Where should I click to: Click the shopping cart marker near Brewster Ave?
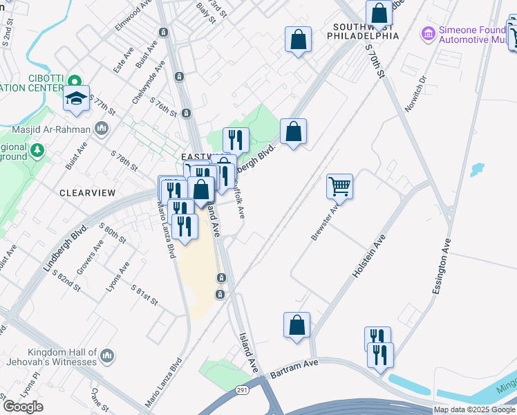pyautogui.click(x=339, y=185)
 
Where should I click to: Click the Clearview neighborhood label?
pyautogui.click(x=86, y=193)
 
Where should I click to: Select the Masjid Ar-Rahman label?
pyautogui.click(x=52, y=129)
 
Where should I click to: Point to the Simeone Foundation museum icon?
pyautogui.click(x=429, y=33)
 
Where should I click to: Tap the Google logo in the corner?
pyautogui.click(x=23, y=407)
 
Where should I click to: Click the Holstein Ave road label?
pyautogui.click(x=368, y=256)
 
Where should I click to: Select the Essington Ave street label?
pyautogui.click(x=442, y=267)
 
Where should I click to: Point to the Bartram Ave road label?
pyautogui.click(x=294, y=367)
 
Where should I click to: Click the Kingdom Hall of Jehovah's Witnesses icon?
pyautogui.click(x=106, y=356)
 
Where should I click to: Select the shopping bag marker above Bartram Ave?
pyautogui.click(x=297, y=324)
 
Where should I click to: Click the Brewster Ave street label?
pyautogui.click(x=324, y=221)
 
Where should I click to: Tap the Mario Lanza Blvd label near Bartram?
pyautogui.click(x=164, y=382)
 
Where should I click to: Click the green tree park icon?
pyautogui.click(x=37, y=149)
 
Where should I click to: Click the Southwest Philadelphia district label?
pyautogui.click(x=366, y=31)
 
